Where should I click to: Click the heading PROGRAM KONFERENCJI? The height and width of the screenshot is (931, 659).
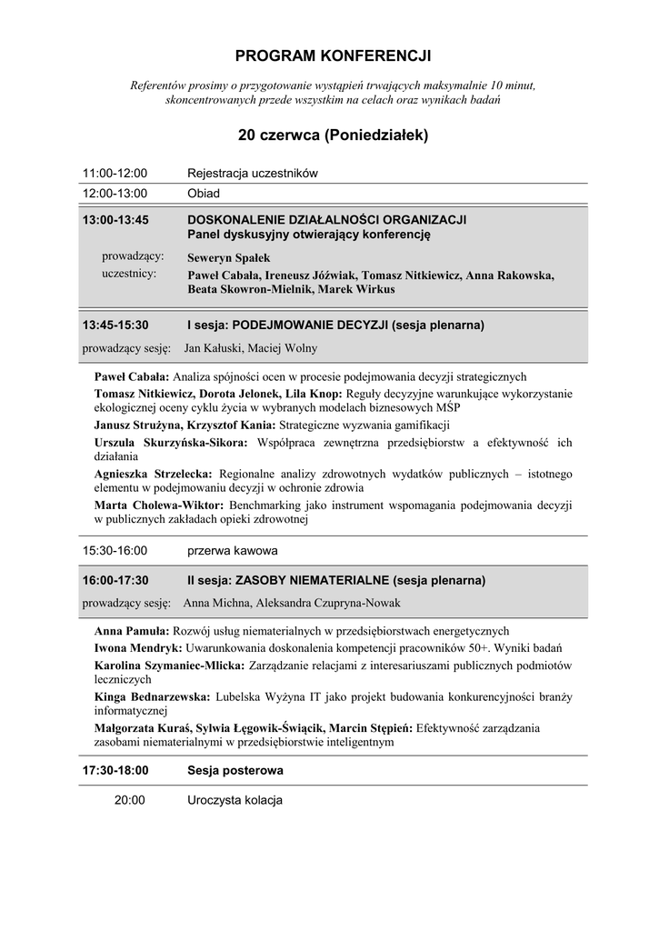[333, 56]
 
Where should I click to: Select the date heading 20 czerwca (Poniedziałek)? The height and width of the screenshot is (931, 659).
[333, 135]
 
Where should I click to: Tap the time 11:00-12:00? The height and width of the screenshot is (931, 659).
[115, 173]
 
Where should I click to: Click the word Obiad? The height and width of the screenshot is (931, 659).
[204, 194]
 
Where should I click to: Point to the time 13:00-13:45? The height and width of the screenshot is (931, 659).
[115, 220]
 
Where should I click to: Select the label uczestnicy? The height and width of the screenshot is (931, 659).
[129, 273]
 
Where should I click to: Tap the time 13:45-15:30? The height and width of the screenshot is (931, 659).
[115, 325]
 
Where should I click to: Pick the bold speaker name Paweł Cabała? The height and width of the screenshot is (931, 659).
[132, 376]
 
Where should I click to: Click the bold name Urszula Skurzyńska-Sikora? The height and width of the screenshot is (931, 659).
[171, 443]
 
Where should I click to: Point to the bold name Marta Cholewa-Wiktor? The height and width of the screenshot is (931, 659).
[160, 505]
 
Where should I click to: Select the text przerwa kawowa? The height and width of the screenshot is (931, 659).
[232, 551]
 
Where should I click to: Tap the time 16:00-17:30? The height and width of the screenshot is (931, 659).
[115, 580]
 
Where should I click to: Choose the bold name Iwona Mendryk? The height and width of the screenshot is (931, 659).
[138, 648]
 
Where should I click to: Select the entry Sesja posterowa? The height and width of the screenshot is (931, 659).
[235, 770]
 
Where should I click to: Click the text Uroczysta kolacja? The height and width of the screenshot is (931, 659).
[235, 801]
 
